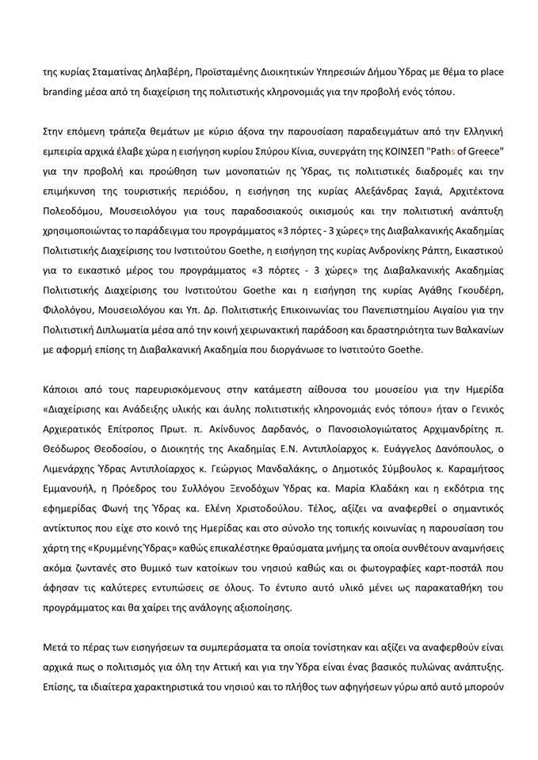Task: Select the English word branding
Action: [x=66, y=92]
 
